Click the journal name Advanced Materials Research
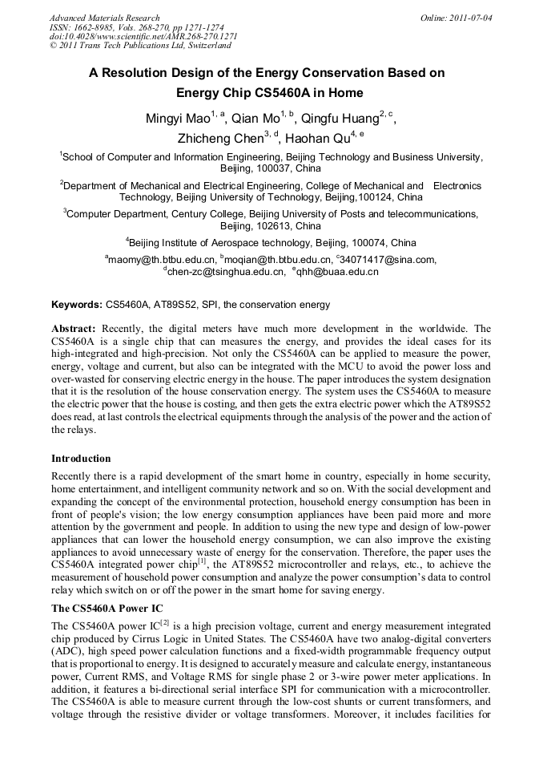coord(104,18)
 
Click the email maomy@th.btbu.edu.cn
coord(163,260)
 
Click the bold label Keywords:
coord(76,306)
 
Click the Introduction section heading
coord(81,459)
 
